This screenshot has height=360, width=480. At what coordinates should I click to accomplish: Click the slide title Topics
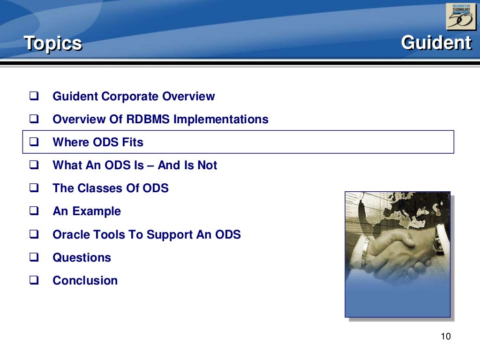pos(53,44)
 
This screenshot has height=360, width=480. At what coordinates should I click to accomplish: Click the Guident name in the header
pos(436,43)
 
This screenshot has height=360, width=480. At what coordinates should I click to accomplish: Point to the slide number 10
pos(445,337)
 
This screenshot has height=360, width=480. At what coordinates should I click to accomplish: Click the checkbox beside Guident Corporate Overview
pos(34,97)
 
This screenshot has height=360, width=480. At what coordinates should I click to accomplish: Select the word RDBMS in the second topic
pos(148,120)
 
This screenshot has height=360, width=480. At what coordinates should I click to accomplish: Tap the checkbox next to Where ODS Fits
pos(34,142)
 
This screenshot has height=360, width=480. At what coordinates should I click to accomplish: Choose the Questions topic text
pos(82,257)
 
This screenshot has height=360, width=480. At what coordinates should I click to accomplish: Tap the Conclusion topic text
pos(85,280)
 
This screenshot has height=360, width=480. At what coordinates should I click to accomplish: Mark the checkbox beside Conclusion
pos(34,280)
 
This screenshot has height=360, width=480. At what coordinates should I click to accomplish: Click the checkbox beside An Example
pos(34,211)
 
